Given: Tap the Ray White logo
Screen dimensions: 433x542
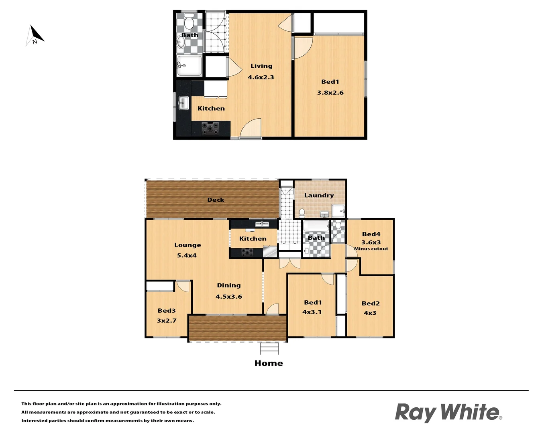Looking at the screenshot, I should (x=448, y=413).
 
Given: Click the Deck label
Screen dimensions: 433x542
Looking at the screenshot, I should (x=216, y=200).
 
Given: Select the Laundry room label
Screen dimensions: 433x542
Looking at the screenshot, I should (x=319, y=195).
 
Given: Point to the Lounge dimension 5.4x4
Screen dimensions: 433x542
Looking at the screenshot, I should (x=187, y=255).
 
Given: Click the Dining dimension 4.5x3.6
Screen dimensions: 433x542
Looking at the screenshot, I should (x=228, y=297).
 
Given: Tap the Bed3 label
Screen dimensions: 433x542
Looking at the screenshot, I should (x=167, y=310).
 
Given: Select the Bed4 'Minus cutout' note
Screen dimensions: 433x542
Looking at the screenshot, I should (x=371, y=249).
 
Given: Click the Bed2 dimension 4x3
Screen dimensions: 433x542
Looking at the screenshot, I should (x=370, y=313).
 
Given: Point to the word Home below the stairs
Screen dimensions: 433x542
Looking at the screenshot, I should (x=269, y=363).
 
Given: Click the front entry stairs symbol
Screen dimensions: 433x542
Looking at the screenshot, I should (x=269, y=348).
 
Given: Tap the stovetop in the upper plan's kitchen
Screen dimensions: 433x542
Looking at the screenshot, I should (x=210, y=128).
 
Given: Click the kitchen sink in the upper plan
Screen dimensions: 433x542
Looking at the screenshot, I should (x=183, y=103).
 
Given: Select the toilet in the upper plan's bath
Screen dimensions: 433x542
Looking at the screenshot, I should (x=189, y=22).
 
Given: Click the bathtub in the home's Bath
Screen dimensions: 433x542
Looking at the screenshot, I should (x=316, y=227).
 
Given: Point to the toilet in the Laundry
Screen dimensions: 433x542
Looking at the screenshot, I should (x=302, y=212).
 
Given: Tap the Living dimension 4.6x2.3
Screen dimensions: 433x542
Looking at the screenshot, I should (x=261, y=77).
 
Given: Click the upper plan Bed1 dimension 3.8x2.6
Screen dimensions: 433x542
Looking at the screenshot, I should (x=330, y=93).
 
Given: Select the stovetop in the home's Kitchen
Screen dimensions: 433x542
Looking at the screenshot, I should (x=247, y=252).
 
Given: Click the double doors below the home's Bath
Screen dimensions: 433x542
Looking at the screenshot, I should (x=289, y=263).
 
